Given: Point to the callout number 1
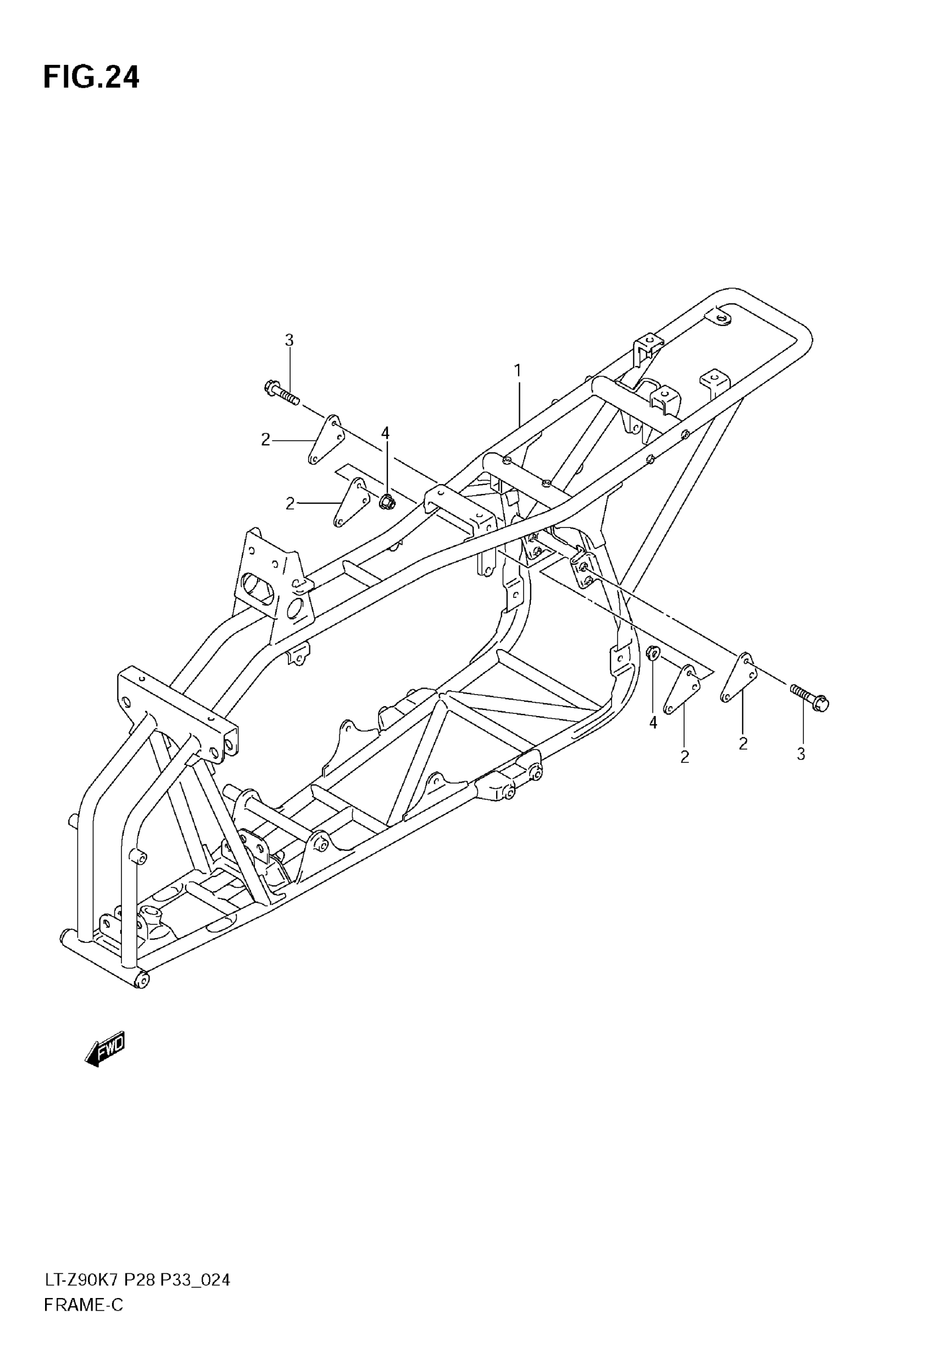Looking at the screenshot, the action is (x=518, y=370).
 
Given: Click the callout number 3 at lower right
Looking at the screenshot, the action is (x=800, y=755).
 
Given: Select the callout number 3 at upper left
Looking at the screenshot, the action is (x=289, y=340).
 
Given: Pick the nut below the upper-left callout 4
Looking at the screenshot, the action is (x=386, y=502).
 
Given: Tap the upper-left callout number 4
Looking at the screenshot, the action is (x=385, y=433).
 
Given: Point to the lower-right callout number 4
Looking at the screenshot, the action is (x=653, y=723).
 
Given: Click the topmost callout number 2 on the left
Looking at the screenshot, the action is (x=266, y=440).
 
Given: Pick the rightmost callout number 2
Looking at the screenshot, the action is (x=743, y=744).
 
